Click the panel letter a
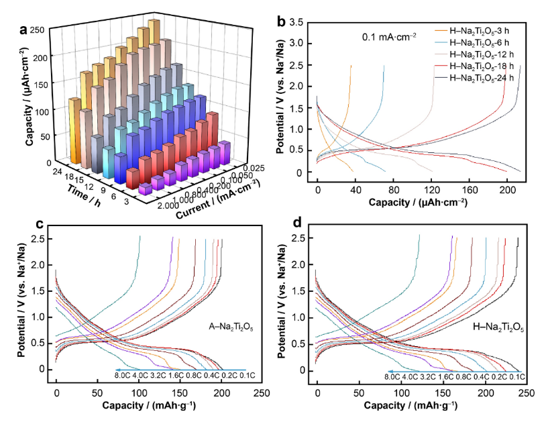[x=24, y=30]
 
